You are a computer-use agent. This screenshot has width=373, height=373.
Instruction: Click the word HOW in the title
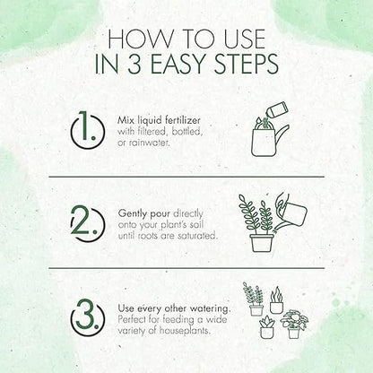[x=140, y=39]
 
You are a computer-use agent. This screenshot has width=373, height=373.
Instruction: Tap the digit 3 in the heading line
[x=134, y=64]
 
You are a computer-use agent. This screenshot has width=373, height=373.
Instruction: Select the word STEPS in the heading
[x=247, y=64]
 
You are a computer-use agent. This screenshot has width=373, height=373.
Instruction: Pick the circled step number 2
[x=88, y=223]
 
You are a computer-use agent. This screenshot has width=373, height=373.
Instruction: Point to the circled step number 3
[x=88, y=317]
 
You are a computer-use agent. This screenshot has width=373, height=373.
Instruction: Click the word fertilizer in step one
[x=182, y=120]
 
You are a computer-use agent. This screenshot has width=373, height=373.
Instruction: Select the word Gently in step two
[x=133, y=214]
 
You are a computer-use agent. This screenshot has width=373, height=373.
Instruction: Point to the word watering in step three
[x=211, y=308]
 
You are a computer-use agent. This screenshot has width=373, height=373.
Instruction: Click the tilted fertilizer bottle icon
[x=277, y=110]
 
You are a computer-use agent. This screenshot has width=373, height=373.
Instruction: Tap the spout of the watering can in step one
[x=283, y=134]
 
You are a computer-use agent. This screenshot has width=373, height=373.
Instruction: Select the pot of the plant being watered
[x=262, y=243]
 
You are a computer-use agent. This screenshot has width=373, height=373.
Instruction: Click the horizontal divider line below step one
[x=186, y=177]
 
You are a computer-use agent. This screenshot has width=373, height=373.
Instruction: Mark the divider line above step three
[x=186, y=268]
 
